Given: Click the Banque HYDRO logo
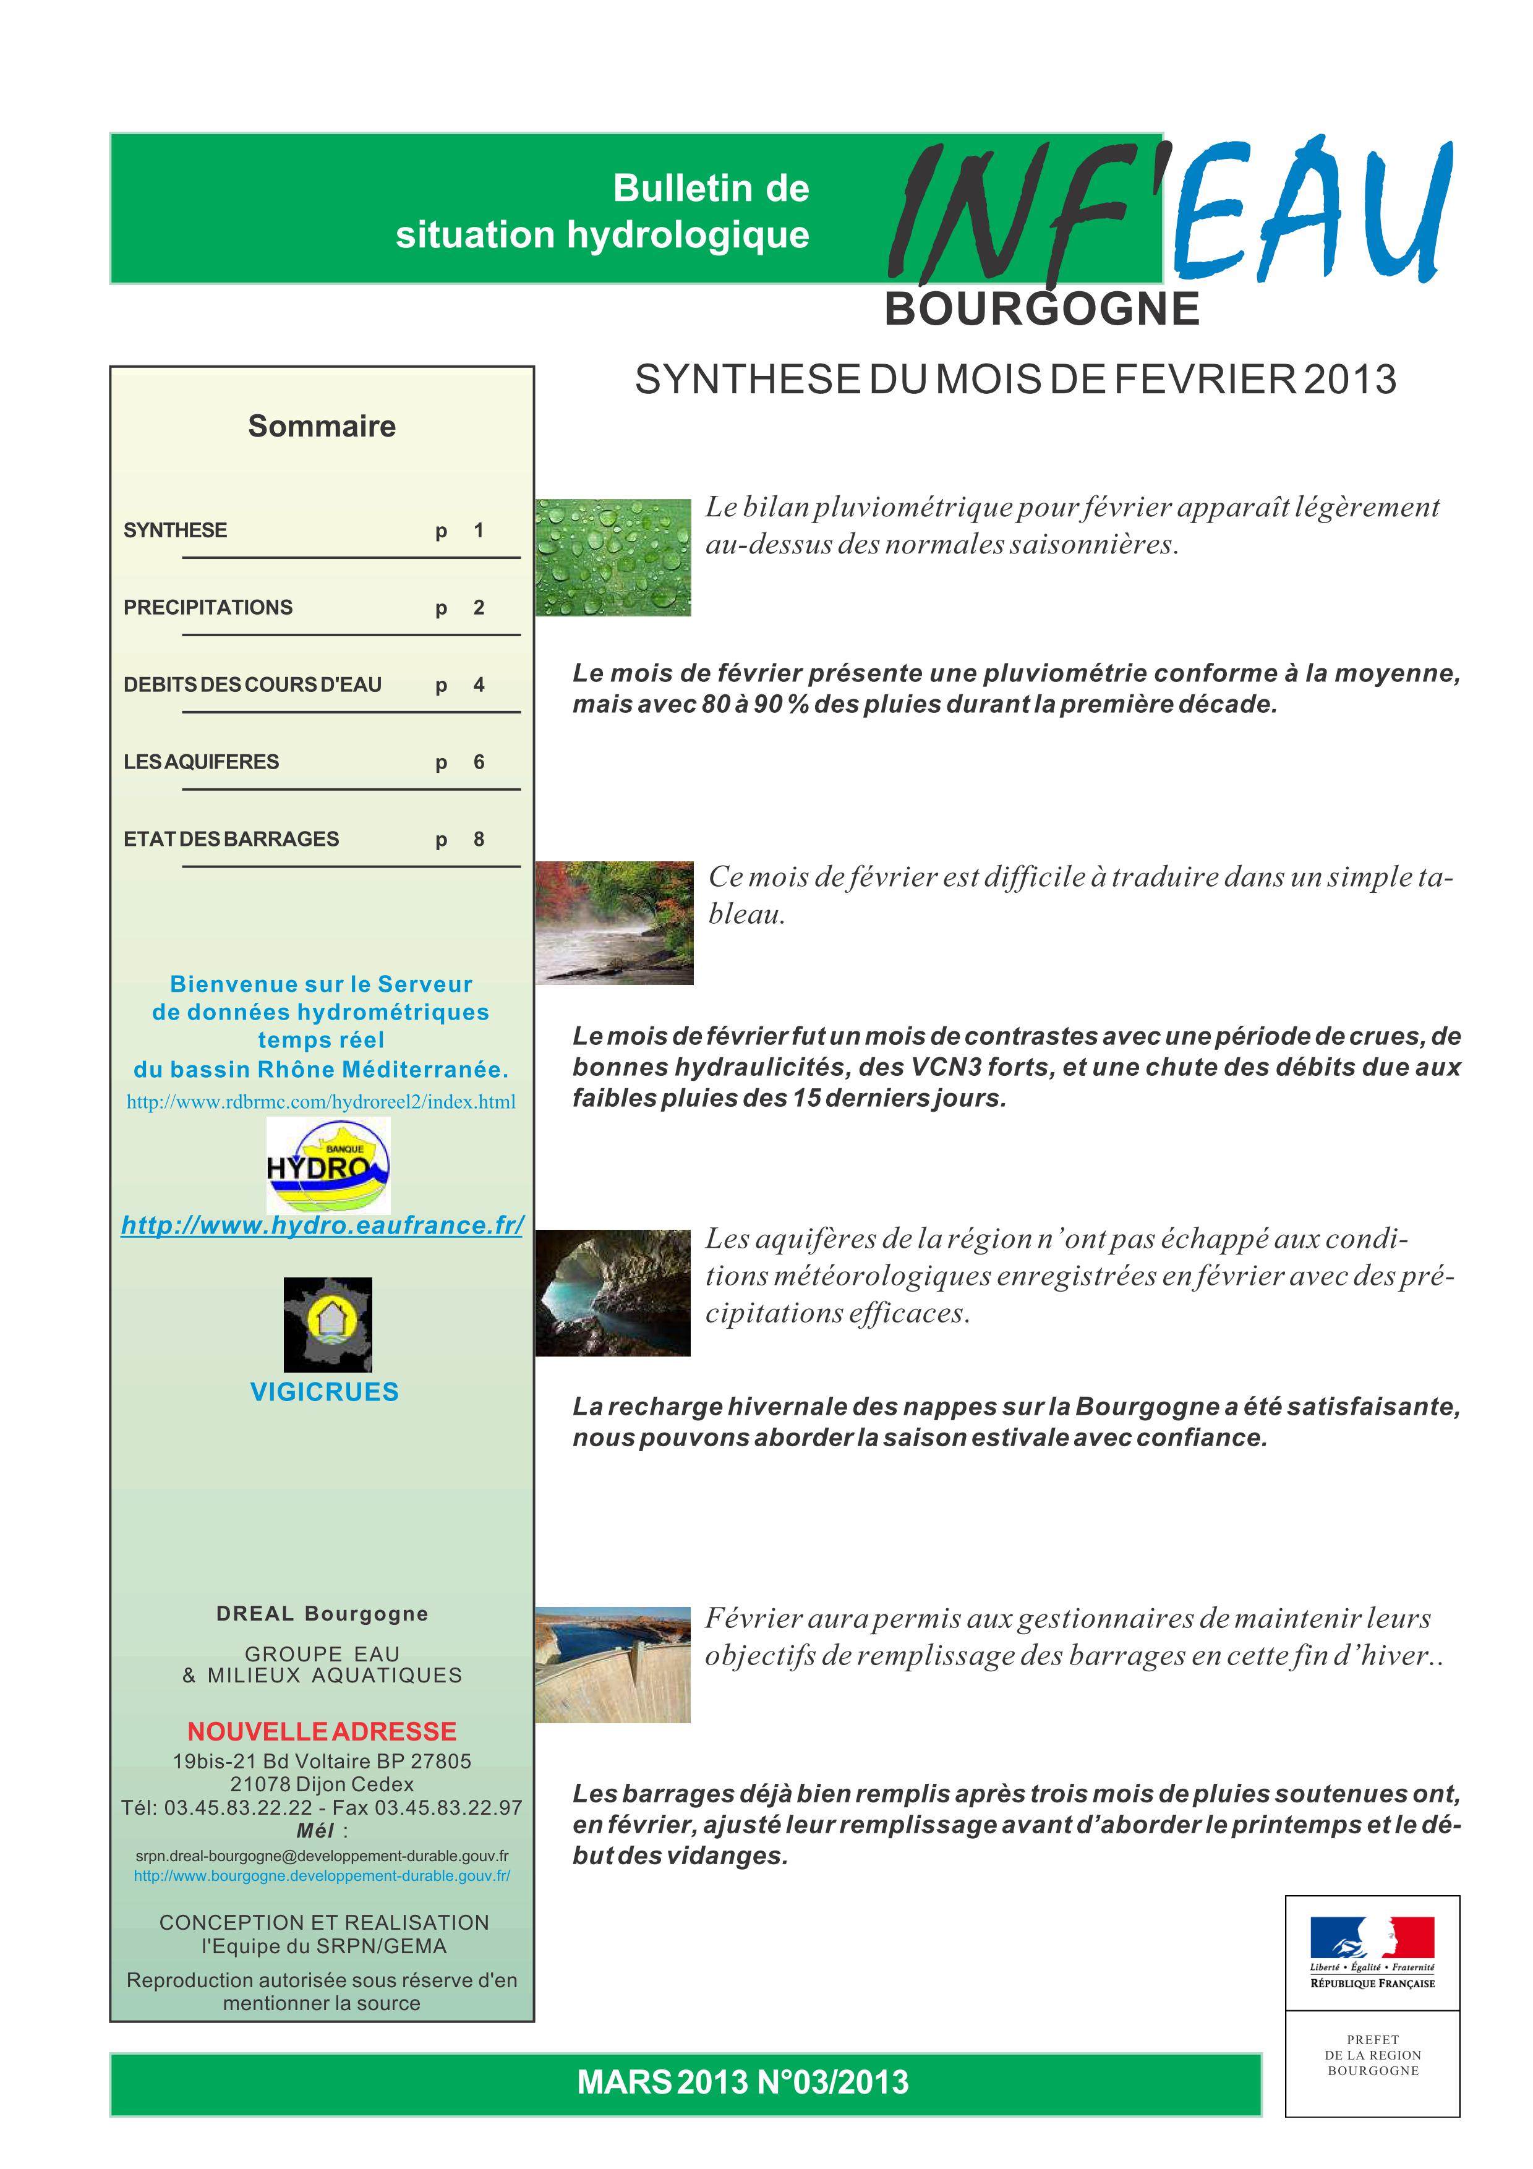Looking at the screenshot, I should click(x=328, y=1165).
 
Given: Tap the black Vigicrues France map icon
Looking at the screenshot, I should click(x=328, y=1324).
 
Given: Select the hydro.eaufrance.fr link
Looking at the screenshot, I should click(x=322, y=1225).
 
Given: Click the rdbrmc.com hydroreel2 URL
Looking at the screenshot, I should click(x=321, y=1102).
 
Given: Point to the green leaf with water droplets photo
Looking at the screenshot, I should click(x=613, y=557).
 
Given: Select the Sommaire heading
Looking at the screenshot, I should click(x=321, y=426).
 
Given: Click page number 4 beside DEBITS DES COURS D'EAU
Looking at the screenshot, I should click(x=479, y=685).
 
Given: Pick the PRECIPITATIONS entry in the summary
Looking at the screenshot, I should click(x=208, y=607).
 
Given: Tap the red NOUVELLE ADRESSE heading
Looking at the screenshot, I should click(x=321, y=1732).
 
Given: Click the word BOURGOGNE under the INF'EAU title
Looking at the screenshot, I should click(x=1042, y=310).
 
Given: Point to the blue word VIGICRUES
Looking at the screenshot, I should click(x=324, y=1392).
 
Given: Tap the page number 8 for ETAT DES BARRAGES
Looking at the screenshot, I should click(x=479, y=839).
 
